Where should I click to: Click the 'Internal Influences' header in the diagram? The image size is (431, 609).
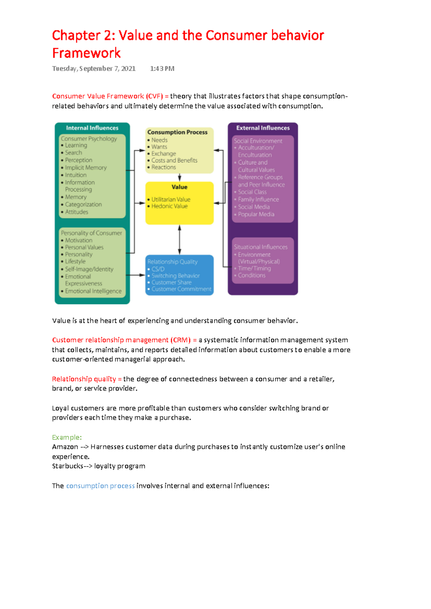coord(92,128)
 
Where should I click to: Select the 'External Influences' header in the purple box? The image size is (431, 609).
coord(263,128)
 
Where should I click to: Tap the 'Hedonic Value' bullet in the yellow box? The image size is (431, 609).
coord(169,206)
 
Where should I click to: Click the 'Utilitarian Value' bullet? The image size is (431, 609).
coord(171,199)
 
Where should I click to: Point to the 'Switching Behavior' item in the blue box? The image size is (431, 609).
coord(175,276)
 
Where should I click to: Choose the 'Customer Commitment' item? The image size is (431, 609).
coord(181,289)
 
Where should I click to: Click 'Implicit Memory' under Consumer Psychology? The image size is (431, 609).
coord(85,168)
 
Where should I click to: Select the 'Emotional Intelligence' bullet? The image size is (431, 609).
coord(93,291)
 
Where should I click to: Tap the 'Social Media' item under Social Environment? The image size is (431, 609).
coord(254,207)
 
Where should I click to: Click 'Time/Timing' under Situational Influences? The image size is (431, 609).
coord(254,268)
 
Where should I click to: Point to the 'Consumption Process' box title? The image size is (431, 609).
coord(177,132)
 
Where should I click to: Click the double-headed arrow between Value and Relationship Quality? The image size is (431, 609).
coord(180,240)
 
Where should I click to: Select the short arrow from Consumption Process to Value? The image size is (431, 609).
coord(180,177)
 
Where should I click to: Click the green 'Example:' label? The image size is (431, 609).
coord(67,437)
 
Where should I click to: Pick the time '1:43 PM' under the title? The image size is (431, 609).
coord(162,69)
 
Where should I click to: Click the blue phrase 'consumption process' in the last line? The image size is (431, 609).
coord(100,486)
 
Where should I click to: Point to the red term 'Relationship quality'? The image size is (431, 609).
coord(84,379)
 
